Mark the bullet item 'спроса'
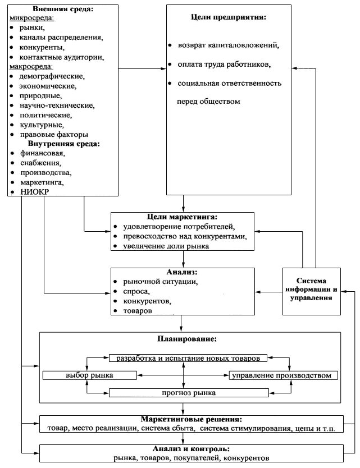[140, 292]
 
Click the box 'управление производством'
[284, 375]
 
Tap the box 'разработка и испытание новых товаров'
[188, 358]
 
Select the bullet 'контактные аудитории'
[61, 57]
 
